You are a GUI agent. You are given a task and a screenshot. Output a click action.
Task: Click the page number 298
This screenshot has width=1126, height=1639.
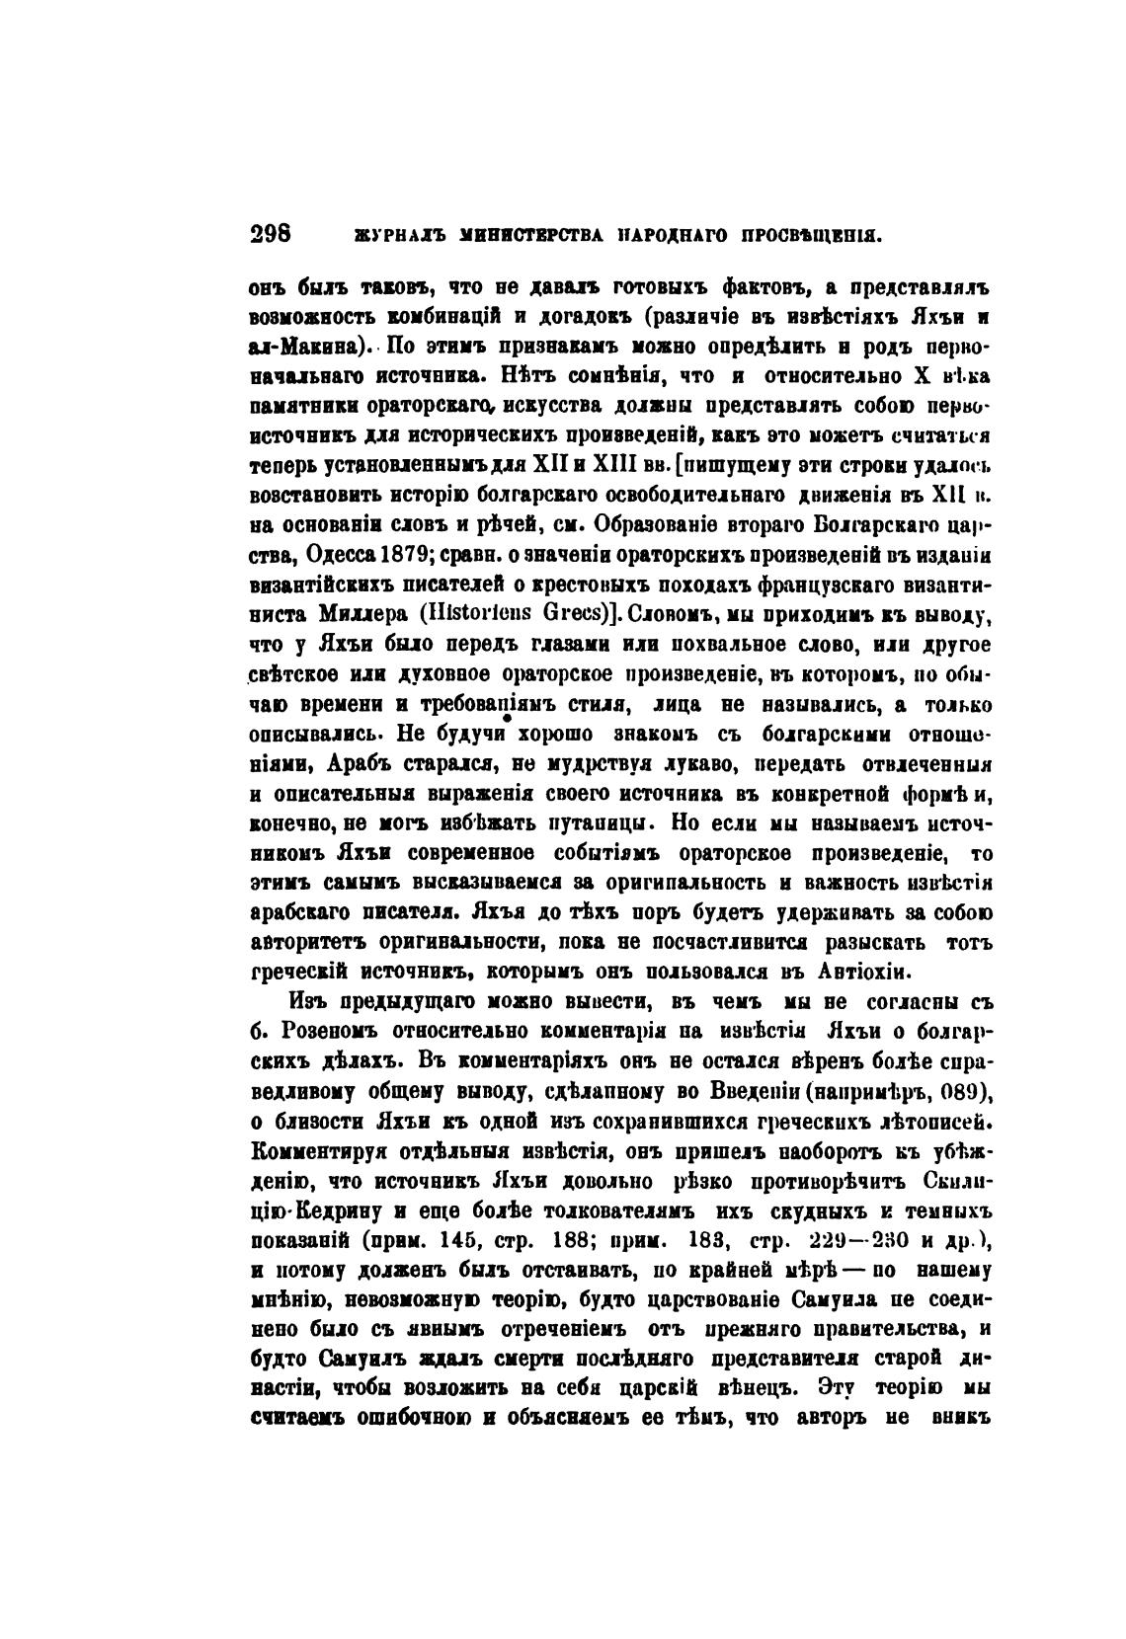pos(272,236)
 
